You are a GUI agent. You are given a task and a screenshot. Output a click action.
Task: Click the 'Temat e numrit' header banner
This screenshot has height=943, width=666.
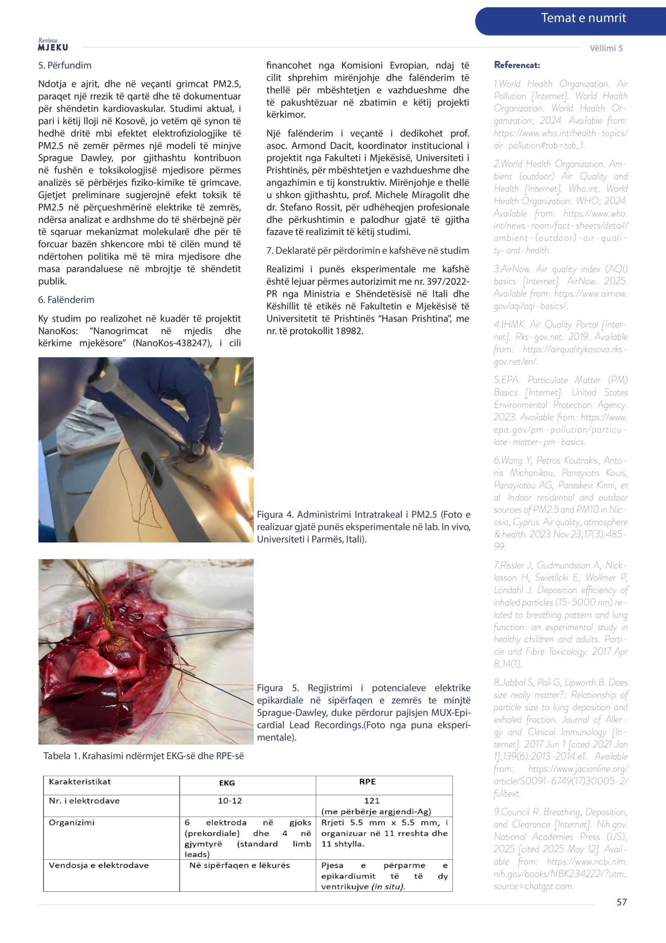coord(583,18)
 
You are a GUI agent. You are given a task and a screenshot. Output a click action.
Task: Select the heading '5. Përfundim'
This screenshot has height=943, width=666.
coord(65,65)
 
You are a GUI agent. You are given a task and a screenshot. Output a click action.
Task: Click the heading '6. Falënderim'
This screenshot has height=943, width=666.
coord(66,300)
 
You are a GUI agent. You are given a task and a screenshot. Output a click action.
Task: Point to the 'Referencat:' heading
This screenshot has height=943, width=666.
coord(517,65)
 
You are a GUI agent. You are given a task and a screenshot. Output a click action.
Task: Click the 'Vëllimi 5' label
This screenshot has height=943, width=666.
coord(606,48)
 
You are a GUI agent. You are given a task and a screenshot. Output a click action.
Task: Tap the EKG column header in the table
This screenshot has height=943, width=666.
coord(227,782)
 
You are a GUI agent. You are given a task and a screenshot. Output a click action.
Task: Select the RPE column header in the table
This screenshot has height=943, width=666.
coord(367,782)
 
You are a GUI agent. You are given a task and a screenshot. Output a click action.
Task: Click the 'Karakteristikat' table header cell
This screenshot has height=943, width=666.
coord(80,782)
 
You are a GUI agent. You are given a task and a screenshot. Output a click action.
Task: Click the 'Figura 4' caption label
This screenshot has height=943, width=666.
coord(275,515)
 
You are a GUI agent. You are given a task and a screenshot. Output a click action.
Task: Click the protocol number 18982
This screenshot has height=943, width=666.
coord(349,331)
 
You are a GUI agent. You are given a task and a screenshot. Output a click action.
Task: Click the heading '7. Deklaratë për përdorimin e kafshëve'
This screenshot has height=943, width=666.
coord(368,250)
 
